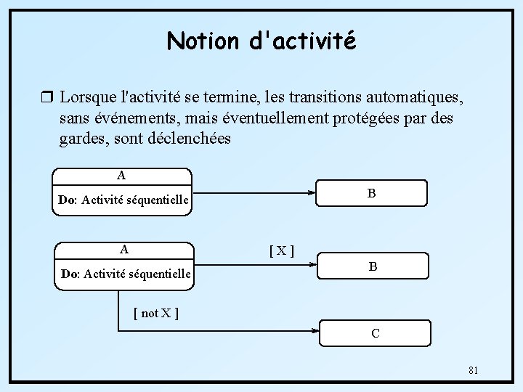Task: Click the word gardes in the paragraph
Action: [x=84, y=138]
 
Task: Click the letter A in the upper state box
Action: [x=121, y=175]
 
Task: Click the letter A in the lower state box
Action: [x=124, y=249]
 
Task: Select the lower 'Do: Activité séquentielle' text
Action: [x=126, y=274]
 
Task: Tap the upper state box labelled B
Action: [x=371, y=194]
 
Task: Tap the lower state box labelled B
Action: [x=373, y=266]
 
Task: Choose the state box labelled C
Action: [x=376, y=333]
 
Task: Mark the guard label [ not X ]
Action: [x=156, y=314]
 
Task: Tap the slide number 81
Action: [x=473, y=371]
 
